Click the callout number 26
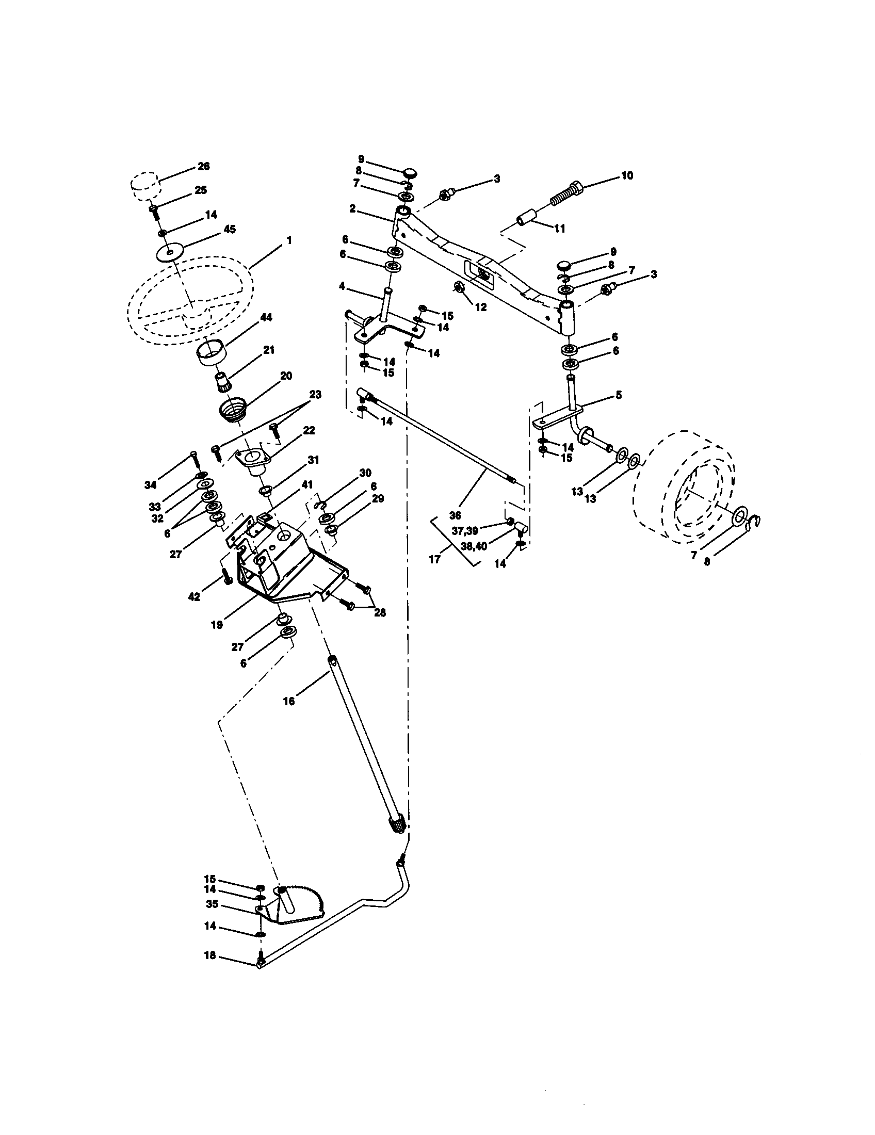pos(203,166)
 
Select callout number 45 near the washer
pos(229,229)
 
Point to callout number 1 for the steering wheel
pos(288,240)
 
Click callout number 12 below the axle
pos(481,307)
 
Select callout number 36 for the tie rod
pos(455,515)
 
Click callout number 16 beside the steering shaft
pos(289,701)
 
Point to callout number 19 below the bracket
pos(217,625)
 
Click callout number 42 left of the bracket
pos(194,597)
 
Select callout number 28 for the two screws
pos(380,613)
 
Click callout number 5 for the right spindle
pos(618,395)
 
